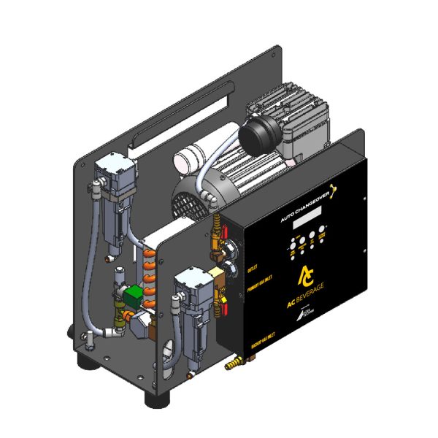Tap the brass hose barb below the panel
231,361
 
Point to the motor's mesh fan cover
191,196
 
